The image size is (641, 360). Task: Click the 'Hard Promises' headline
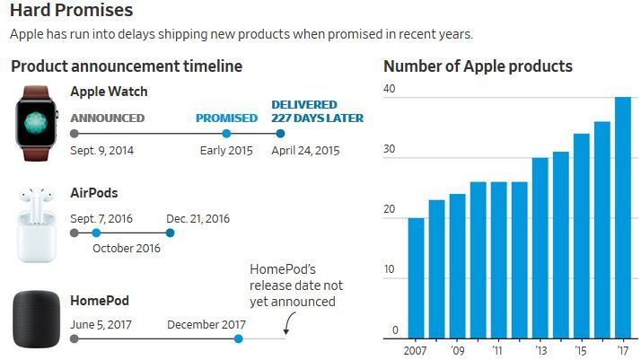[72, 12]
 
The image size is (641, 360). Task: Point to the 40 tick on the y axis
[389, 88]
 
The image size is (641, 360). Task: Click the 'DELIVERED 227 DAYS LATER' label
[317, 111]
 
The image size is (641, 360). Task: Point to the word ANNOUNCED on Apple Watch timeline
[107, 118]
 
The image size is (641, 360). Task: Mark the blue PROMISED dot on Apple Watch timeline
[226, 134]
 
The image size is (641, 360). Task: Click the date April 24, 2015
[307, 150]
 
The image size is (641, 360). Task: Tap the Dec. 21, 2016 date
[198, 218]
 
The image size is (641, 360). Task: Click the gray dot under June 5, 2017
[74, 338]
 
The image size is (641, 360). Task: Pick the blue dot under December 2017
[238, 338]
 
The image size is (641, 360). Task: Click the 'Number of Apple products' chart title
[478, 66]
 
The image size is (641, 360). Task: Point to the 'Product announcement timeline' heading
[127, 66]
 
